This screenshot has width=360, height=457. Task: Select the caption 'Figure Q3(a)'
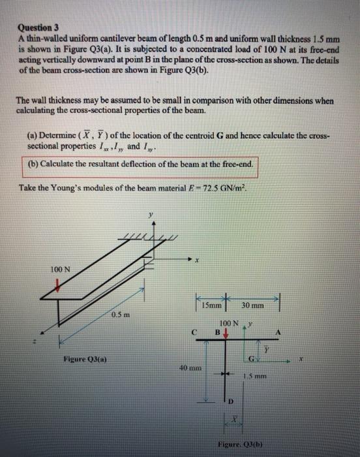[85, 358]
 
